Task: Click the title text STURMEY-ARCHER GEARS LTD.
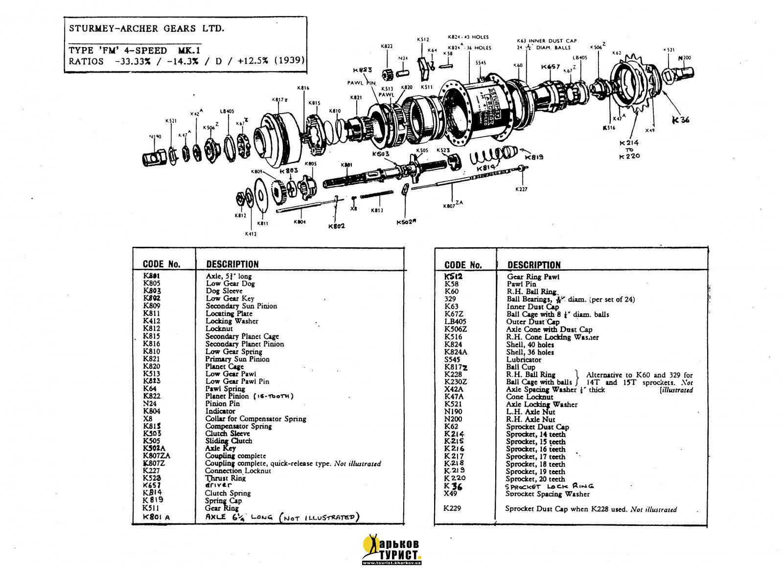coord(147,28)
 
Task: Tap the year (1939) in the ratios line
coord(290,61)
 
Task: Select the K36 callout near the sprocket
coord(681,119)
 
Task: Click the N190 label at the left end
coord(155,137)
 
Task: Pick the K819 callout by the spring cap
coord(533,158)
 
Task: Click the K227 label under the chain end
coord(522,189)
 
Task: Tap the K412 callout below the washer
coord(251,234)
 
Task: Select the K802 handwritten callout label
coord(336,226)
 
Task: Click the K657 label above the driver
coord(551,67)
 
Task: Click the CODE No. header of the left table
coord(161,264)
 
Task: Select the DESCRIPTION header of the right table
coord(534,265)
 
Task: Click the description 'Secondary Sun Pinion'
coord(241,306)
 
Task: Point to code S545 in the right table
coord(453,359)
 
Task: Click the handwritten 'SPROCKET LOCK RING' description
coord(549,486)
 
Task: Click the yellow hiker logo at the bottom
coord(372,548)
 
